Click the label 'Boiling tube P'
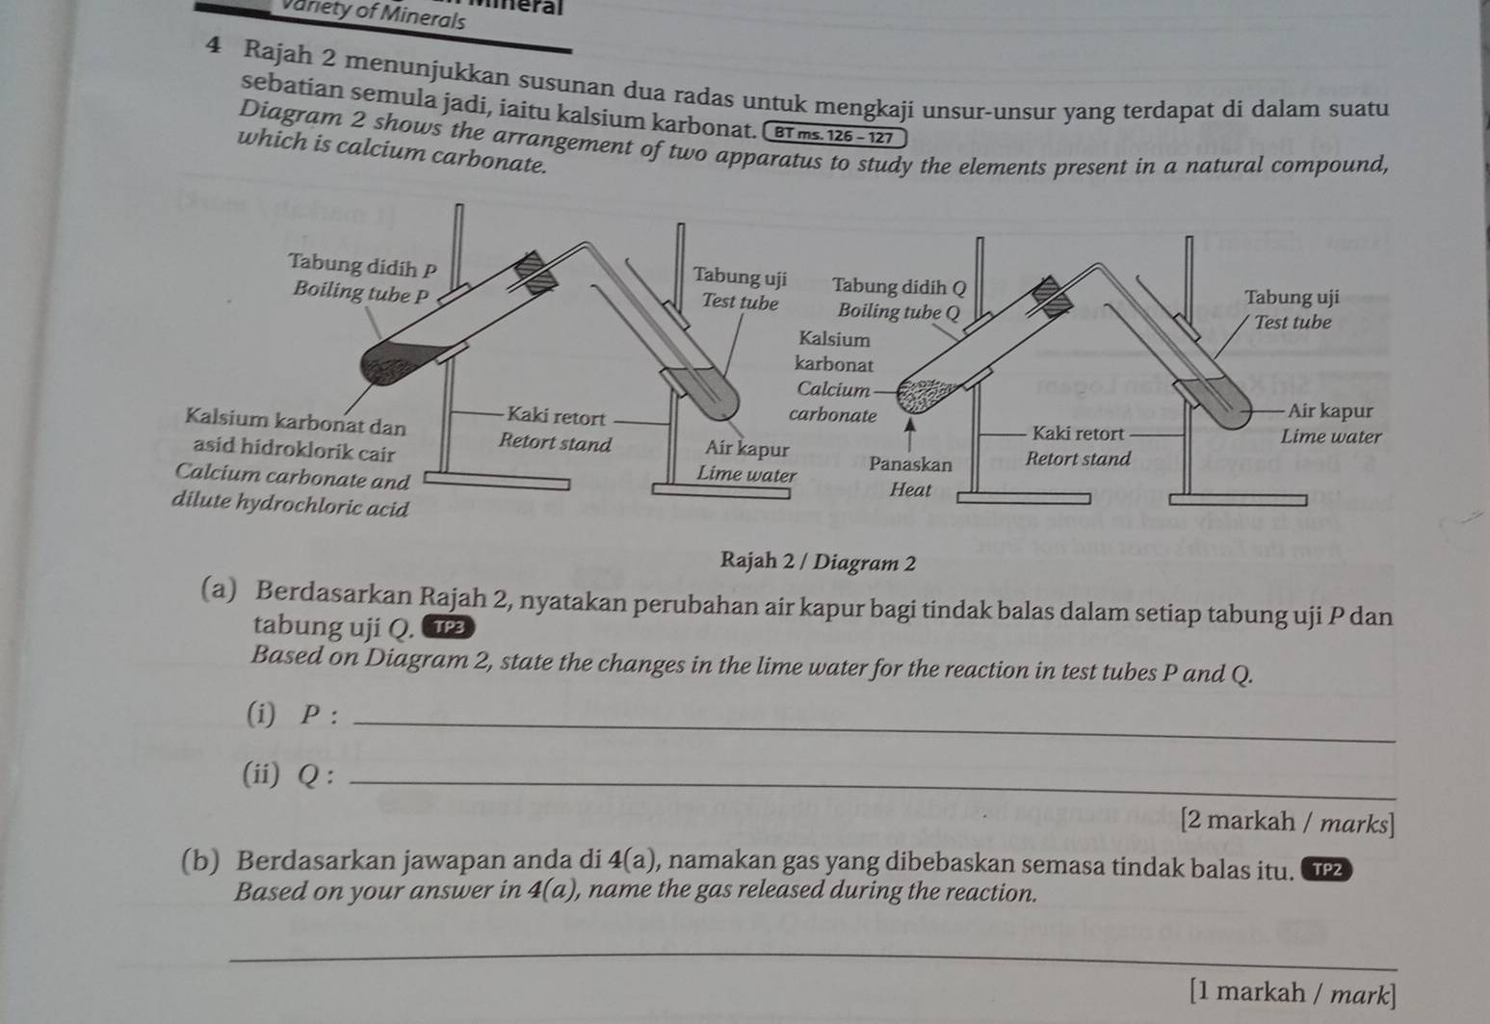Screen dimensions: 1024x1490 point(360,292)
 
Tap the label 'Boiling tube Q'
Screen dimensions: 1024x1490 point(899,311)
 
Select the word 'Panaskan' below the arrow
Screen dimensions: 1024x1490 point(910,463)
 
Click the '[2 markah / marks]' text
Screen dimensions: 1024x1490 point(1286,823)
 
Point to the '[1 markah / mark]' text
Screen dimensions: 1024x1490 point(1291,991)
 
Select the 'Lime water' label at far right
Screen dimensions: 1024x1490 point(1331,436)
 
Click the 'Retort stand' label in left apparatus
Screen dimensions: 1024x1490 point(556,444)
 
